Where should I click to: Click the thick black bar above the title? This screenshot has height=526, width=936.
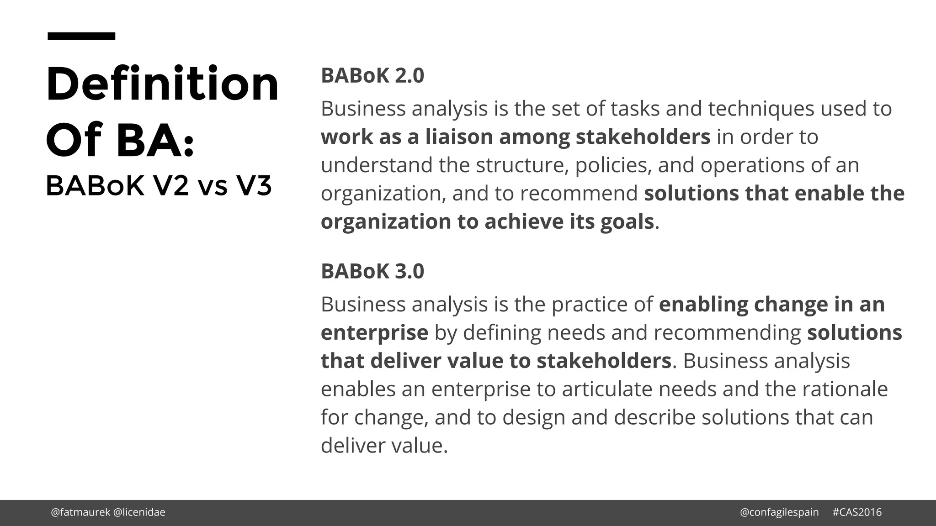point(81,36)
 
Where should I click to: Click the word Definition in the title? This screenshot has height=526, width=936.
point(162,84)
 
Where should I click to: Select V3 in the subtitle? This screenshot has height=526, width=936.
point(254,186)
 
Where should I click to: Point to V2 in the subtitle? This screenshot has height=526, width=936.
point(171,186)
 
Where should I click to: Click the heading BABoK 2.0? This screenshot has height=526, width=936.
point(372,75)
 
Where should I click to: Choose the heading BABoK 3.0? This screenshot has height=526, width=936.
point(372,271)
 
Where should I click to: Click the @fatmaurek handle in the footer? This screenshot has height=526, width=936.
point(80,512)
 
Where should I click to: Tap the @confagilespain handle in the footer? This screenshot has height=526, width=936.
point(779,512)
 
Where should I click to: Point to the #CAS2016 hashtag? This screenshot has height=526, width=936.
point(857,512)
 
